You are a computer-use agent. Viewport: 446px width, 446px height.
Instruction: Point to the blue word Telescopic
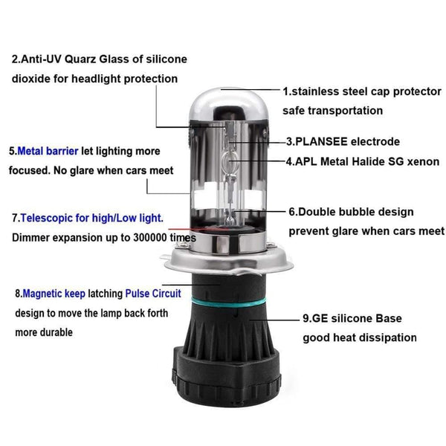[x=48, y=219]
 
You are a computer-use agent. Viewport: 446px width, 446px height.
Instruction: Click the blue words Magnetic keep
[x=50, y=294]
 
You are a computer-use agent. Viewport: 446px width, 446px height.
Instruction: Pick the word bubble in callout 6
[x=362, y=211]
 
